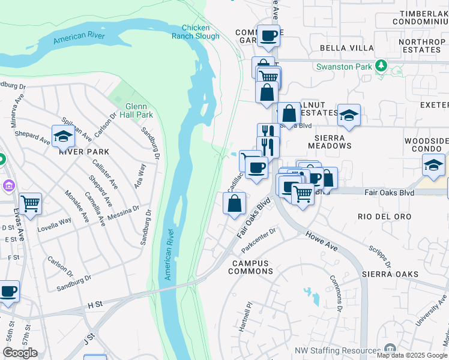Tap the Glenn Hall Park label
136,110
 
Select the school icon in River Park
63,137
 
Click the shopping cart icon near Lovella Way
30,204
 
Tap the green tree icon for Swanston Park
380,65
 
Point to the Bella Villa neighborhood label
346,48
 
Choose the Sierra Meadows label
329,141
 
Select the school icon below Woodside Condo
433,164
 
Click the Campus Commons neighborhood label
251,267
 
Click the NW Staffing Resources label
339,351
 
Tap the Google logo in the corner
20,353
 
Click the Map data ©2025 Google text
412,355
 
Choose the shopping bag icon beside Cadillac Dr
234,203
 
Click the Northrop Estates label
421,47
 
